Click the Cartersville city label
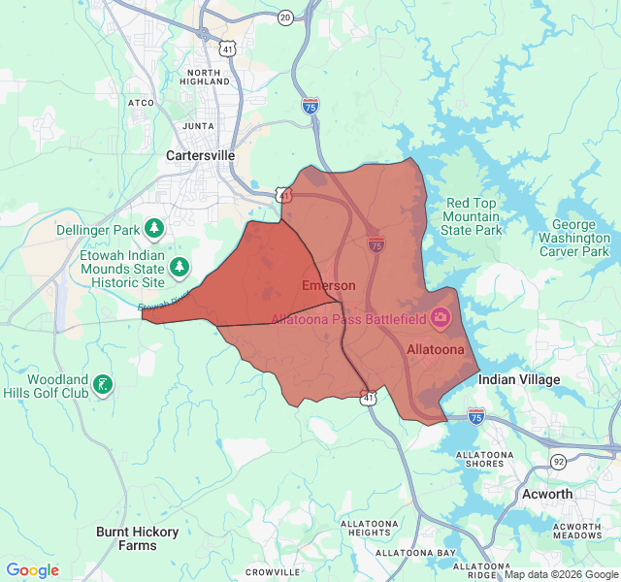201,155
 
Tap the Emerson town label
328,285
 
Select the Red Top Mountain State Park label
472,217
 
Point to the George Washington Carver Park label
573,238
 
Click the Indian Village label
518,380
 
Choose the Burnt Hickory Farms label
126,538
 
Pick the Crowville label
272,571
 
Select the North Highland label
205,78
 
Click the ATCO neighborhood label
141,102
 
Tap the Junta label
198,125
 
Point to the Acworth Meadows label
577,531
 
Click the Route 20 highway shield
284,17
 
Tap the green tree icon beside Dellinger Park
153,229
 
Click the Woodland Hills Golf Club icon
101,385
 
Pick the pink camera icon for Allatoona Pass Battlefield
441,317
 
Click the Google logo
33,570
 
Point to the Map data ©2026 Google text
560,574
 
